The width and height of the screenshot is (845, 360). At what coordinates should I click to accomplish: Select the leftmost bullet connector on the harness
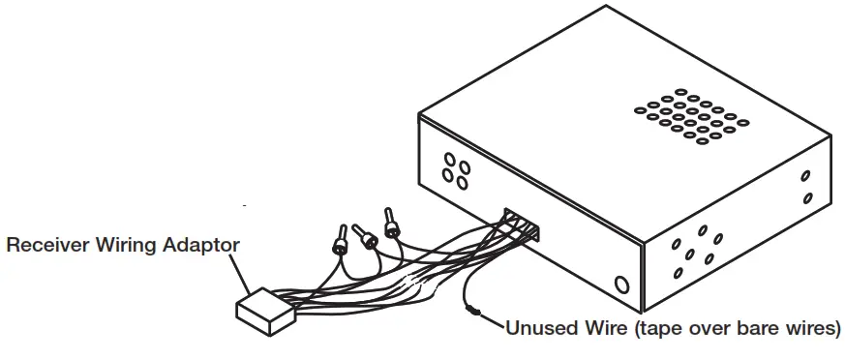(x=342, y=238)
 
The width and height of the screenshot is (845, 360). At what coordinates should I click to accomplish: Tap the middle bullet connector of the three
(x=367, y=236)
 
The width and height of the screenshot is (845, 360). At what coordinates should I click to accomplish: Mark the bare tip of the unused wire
(x=471, y=311)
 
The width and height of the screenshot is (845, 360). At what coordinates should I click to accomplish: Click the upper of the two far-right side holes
(x=805, y=177)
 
